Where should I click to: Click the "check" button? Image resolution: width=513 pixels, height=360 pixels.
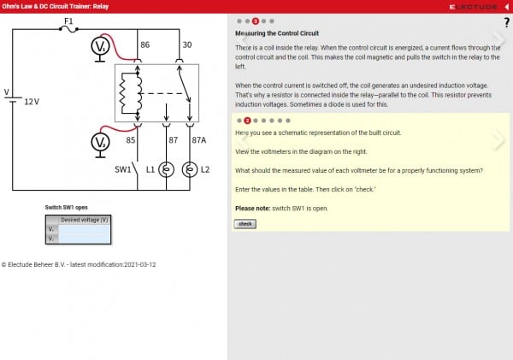point(245,224)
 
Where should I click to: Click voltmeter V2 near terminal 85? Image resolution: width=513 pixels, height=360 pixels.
point(101,140)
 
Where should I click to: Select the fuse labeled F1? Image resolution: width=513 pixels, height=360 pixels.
point(68,28)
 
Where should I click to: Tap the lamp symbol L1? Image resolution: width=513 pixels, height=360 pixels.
point(168,169)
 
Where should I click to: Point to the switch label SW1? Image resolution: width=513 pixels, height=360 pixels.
point(123,169)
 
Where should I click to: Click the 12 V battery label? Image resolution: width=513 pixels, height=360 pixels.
point(32,101)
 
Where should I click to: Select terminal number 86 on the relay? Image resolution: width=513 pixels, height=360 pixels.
point(144,44)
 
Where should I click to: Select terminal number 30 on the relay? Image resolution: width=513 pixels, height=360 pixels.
point(186,44)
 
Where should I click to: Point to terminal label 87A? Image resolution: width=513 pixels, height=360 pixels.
point(199,139)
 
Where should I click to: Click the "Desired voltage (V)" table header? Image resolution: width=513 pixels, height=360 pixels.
point(84,220)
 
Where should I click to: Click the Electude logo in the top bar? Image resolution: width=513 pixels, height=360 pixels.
point(473,6)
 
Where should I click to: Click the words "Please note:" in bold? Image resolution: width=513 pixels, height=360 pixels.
point(253,209)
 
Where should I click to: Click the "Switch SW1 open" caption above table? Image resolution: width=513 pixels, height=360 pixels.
point(67,208)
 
